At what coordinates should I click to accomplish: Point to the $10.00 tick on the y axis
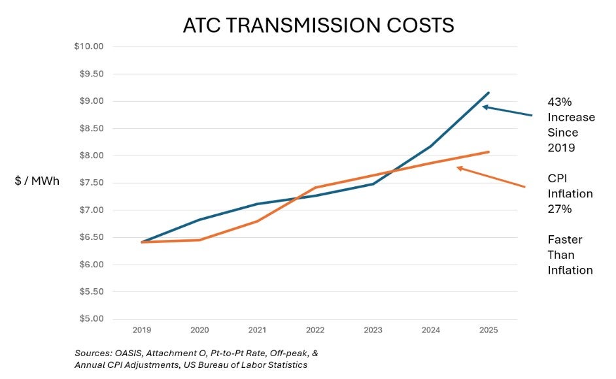coord(90,46)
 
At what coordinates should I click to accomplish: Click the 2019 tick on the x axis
coord(141,331)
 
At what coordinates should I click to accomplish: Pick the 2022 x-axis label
coord(315,331)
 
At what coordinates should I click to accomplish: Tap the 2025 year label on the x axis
coord(488,331)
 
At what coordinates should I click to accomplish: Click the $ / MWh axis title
coord(37,181)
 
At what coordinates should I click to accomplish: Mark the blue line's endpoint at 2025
coord(488,93)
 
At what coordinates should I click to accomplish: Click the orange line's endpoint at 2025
coord(488,152)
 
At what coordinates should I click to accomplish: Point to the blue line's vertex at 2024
coord(431,146)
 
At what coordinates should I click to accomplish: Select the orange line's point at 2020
coord(199,240)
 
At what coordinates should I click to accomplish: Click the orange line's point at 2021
coord(257,221)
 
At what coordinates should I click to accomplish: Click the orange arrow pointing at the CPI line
coord(490,177)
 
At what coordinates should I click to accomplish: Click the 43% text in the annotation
coord(559,102)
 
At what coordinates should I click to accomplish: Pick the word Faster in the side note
coord(565,240)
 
